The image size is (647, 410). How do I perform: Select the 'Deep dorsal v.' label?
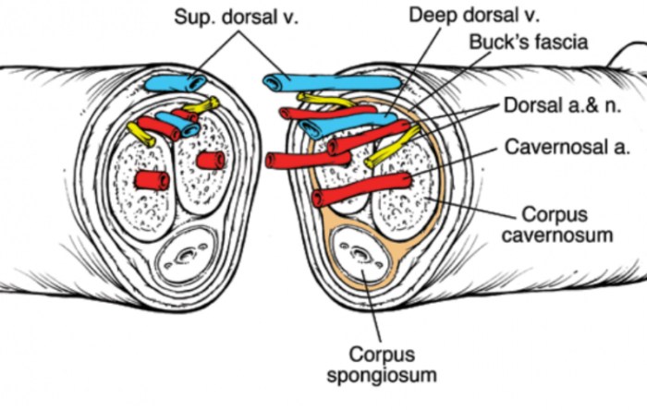(461, 17)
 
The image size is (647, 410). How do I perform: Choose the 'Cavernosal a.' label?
(562, 146)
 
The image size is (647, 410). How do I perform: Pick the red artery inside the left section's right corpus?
(211, 161)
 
